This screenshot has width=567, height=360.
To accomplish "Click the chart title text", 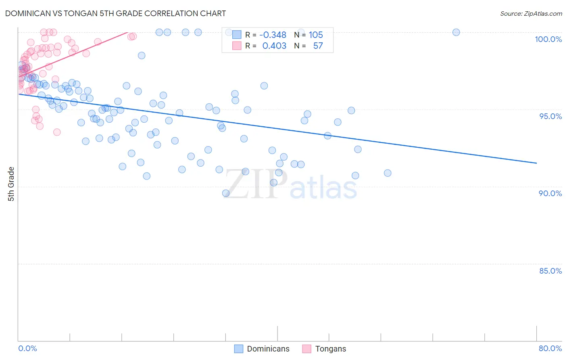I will [x=115, y=13].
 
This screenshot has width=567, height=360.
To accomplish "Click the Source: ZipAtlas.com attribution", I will [x=531, y=14].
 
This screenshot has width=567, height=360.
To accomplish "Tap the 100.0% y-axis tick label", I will [x=548, y=39].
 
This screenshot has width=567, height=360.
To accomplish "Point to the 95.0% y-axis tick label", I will [x=550, y=116].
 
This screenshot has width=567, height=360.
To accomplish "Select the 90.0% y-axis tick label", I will [x=550, y=193].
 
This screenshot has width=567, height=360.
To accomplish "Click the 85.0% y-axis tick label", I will [x=550, y=271].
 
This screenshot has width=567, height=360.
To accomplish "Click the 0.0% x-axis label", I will [x=27, y=348].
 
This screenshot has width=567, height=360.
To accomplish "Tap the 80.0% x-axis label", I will [x=550, y=348].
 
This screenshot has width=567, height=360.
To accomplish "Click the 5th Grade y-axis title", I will [x=11, y=184].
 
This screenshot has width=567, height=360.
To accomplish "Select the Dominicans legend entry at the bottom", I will [x=262, y=349].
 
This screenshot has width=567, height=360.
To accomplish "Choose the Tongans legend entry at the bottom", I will [x=324, y=349].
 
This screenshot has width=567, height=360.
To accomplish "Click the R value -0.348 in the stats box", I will [x=273, y=35].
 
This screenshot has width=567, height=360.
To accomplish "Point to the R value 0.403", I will [x=274, y=46].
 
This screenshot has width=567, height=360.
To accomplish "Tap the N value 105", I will [x=316, y=35].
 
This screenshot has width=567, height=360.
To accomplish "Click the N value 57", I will [x=318, y=46].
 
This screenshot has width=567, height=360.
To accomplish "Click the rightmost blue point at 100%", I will [x=456, y=32].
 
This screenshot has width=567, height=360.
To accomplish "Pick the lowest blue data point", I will [x=226, y=193].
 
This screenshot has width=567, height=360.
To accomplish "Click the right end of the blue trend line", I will [x=536, y=163].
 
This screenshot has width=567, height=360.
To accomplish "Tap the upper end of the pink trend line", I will [x=128, y=32].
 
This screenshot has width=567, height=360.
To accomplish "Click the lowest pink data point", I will [x=57, y=132].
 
